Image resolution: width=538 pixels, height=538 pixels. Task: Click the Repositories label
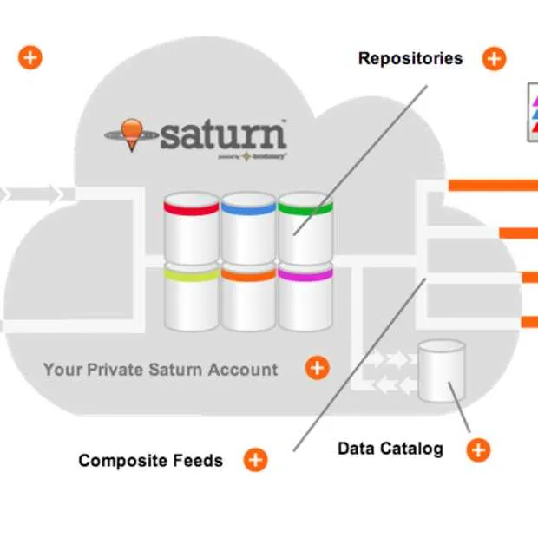pos(410,59)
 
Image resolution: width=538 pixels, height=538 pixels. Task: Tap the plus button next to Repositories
pos(494,59)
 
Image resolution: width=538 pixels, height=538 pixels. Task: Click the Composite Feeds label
pos(150,460)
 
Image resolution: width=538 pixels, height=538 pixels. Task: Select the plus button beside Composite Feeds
pos(255,460)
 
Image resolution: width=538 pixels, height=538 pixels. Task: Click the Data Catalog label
pos(390,449)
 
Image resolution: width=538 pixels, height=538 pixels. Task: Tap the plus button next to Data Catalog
pos(478,449)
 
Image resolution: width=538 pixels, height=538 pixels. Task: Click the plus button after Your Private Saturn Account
pos(318,368)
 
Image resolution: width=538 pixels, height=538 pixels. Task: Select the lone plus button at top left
pos(30,58)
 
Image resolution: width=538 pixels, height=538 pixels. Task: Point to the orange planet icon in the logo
pos(131,133)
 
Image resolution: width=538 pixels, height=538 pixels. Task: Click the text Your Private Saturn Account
pos(161,370)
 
